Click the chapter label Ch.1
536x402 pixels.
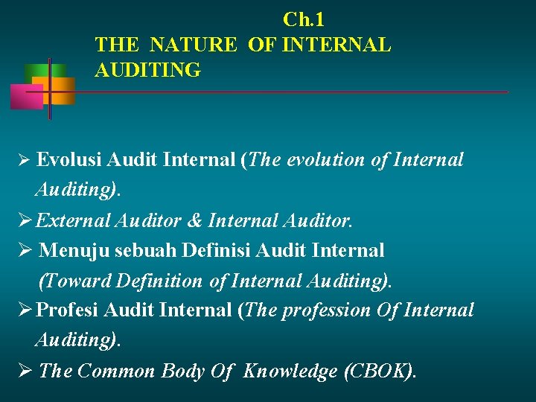303,19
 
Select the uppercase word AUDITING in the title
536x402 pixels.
147,70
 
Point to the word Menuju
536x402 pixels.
69,250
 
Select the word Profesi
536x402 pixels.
68,310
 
